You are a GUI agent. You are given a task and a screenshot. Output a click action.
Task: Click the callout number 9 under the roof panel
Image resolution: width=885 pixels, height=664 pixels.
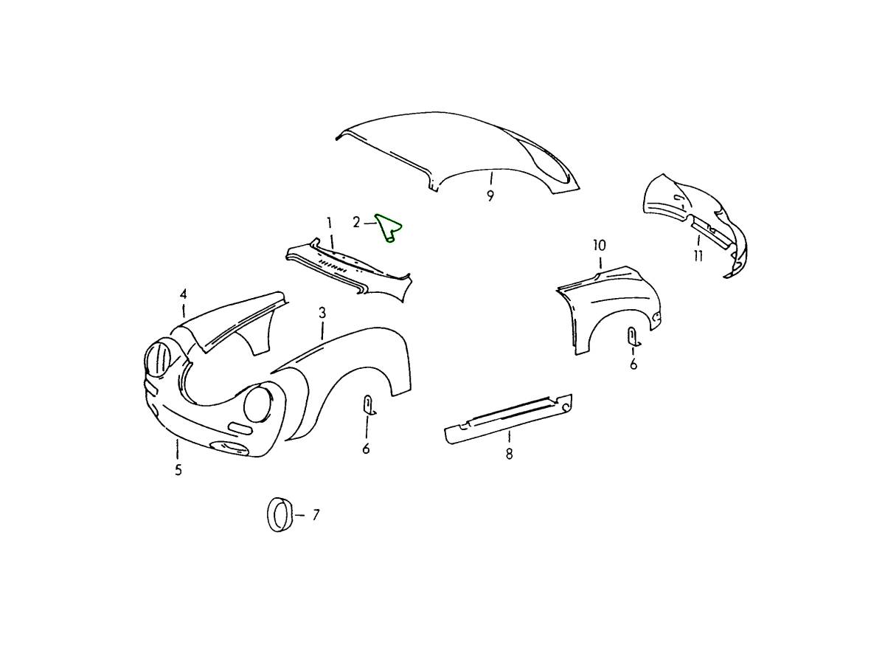click(x=490, y=196)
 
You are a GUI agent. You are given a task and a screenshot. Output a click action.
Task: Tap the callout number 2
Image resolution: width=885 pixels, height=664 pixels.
click(x=356, y=222)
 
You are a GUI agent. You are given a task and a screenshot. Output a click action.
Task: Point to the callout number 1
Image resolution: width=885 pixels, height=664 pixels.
click(x=329, y=223)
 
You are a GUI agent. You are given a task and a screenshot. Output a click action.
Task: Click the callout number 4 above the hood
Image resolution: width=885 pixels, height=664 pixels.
click(x=184, y=294)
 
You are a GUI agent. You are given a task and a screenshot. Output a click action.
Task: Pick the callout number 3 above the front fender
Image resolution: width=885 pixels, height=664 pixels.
click(x=322, y=313)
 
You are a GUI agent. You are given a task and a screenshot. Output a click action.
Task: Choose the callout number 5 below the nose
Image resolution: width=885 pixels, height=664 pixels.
click(x=178, y=470)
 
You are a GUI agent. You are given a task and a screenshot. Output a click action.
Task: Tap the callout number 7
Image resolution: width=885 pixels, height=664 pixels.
click(x=316, y=515)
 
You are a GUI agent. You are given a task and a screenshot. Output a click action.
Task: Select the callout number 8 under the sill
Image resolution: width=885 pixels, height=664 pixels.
click(x=509, y=454)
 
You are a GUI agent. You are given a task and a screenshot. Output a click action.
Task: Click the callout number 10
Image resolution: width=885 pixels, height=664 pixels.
click(x=600, y=245)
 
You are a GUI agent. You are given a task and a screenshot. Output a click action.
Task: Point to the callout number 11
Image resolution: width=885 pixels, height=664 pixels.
click(x=698, y=255)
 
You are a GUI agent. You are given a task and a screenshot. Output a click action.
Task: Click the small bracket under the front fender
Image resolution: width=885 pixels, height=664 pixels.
click(x=369, y=405)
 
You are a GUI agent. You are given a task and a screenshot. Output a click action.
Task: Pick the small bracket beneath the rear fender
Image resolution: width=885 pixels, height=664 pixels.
click(x=634, y=337)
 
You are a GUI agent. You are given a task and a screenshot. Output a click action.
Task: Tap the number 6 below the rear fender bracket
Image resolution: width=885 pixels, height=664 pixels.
click(x=634, y=364)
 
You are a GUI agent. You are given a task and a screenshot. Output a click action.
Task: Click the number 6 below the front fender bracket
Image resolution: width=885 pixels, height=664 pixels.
click(x=366, y=449)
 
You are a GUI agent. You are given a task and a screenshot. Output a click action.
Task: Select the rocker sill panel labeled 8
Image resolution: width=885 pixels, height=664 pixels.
click(x=508, y=419)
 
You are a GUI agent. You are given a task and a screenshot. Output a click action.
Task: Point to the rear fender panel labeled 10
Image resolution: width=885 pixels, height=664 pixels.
click(x=609, y=308)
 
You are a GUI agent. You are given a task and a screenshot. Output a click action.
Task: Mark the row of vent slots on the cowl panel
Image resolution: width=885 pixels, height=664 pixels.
click(x=333, y=266)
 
